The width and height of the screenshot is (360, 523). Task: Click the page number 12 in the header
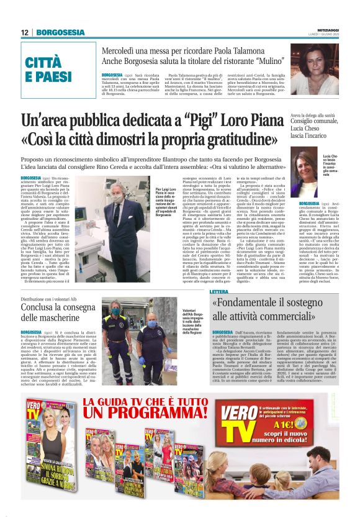click(x=25, y=32)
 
